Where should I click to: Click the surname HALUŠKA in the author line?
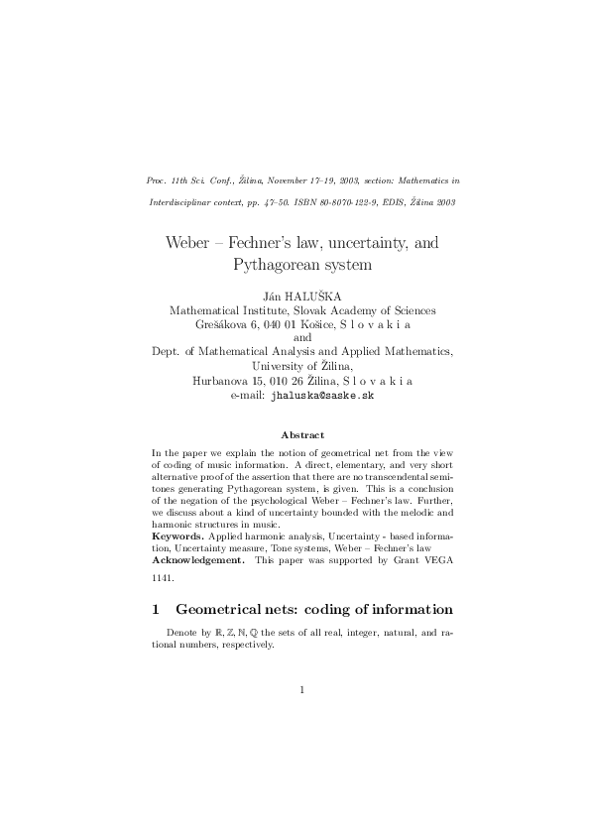318,296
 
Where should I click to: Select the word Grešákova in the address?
225,324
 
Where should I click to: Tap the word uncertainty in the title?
367,242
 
